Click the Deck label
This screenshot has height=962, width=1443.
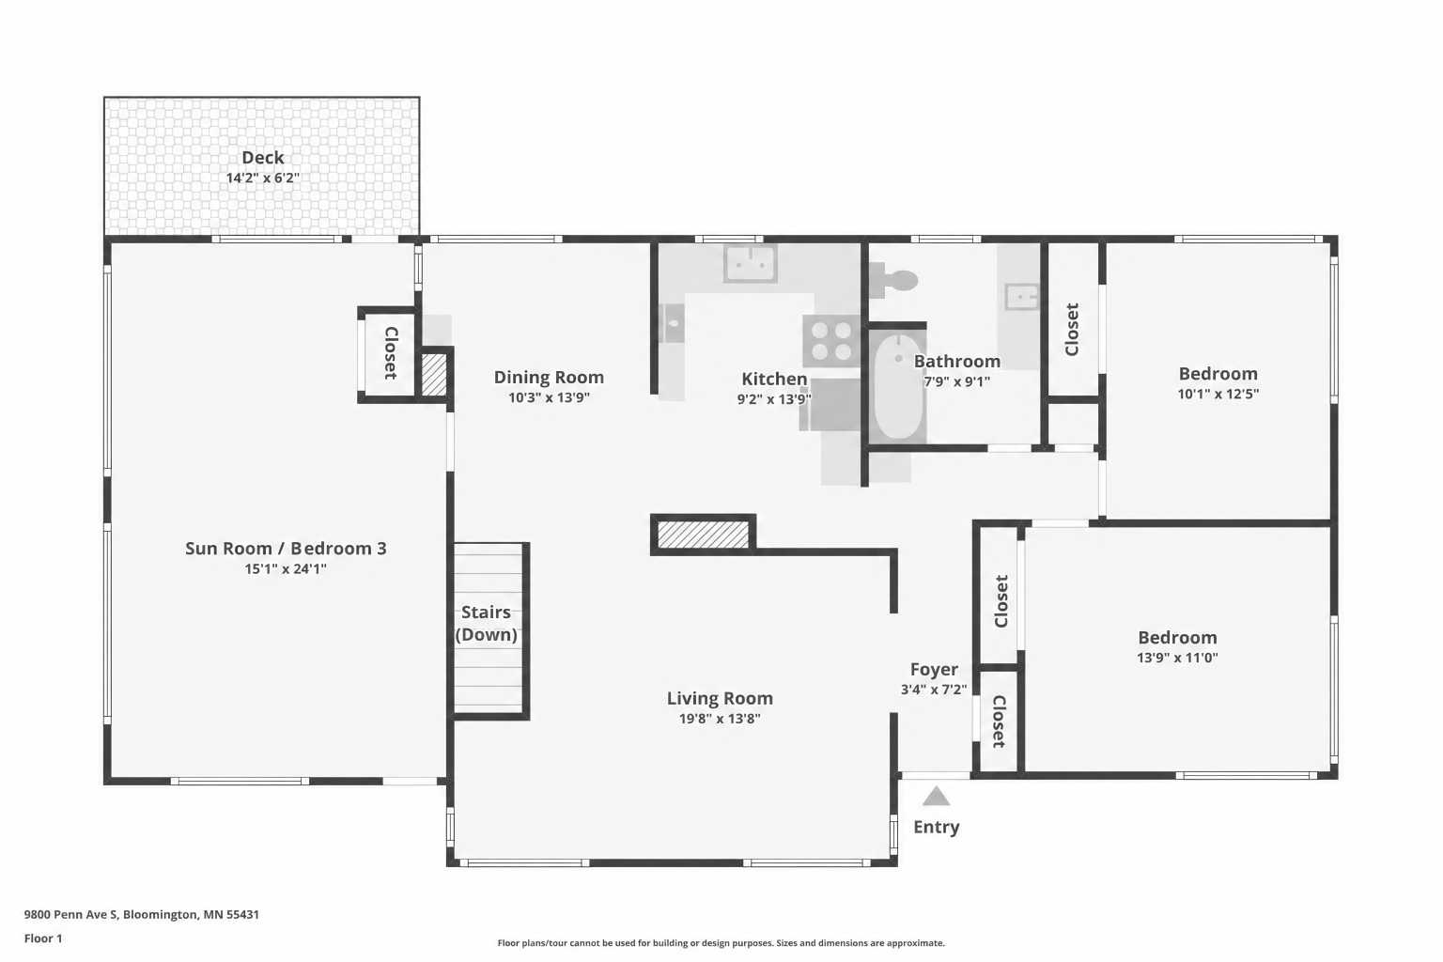pos(263,157)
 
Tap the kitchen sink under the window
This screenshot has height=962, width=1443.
pos(750,263)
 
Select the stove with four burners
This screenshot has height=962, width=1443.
pos(831,341)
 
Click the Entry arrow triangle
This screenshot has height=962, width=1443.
pos(936,796)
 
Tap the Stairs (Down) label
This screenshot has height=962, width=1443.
pos(487,623)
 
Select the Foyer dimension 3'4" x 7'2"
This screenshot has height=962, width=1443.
pos(934,690)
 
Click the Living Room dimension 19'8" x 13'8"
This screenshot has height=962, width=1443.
pos(720,719)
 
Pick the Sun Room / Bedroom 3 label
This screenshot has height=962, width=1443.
pos(286,549)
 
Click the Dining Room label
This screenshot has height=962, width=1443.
pos(549,377)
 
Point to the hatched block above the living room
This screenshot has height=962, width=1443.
pos(703,535)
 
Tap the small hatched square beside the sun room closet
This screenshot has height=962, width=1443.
pos(433,374)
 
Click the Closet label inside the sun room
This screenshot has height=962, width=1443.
pos(391,353)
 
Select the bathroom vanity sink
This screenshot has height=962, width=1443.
pos(1022,297)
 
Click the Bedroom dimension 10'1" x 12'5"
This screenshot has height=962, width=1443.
pos(1218,394)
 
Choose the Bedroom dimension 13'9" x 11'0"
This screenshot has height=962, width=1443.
pos(1177,658)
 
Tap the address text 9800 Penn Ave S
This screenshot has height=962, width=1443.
pos(70,914)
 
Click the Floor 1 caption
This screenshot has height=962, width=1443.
pos(43,939)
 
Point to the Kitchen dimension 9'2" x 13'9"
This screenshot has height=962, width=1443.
pos(774,399)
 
